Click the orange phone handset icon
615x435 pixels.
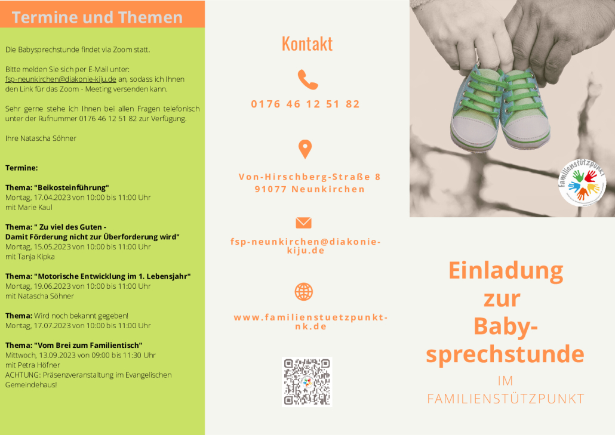307,79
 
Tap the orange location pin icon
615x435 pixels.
305,149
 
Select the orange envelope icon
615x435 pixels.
303,223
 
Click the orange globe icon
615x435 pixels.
303,292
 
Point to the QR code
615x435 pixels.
307,382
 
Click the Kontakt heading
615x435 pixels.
307,44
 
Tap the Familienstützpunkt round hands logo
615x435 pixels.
582,183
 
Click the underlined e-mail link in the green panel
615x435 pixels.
61,79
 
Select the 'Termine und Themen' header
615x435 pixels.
97,17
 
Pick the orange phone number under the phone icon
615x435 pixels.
306,104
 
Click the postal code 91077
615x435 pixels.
270,189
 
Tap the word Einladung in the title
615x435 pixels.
506,270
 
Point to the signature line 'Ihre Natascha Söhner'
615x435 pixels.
41,138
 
